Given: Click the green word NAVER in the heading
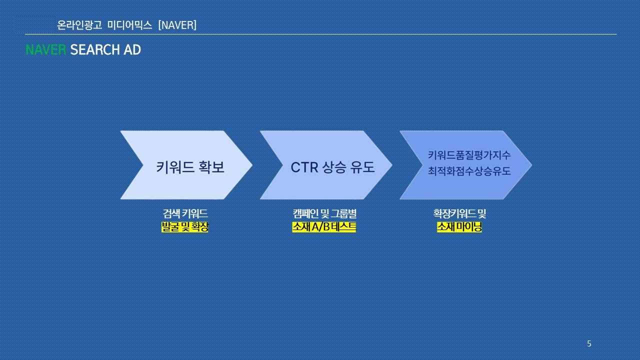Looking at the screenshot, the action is [45, 49].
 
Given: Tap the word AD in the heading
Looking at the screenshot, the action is [132, 49].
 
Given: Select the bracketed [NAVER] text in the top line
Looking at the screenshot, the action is [177, 25].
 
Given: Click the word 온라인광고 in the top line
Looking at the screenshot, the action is [79, 25].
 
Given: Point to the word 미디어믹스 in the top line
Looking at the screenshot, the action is [129, 25].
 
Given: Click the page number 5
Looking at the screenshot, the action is [589, 343].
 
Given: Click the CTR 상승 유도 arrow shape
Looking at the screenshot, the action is [326, 165].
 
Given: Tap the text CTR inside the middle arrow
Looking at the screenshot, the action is [304, 167].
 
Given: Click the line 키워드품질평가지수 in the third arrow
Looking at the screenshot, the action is [469, 155].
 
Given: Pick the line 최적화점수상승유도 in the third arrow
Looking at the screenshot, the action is [469, 171].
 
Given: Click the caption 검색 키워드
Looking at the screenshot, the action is [185, 213].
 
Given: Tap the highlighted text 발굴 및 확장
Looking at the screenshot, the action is [185, 227].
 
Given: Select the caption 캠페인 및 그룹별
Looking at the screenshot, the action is [324, 213].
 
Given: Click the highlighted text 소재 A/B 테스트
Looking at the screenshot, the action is [324, 227].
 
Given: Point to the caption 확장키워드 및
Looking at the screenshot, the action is [459, 213].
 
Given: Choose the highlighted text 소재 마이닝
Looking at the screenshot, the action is [459, 227].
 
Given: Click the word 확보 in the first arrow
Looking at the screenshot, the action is [211, 167].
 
